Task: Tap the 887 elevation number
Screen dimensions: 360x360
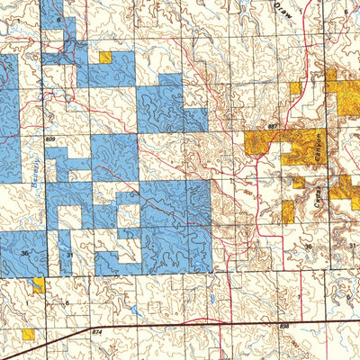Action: (x=272, y=127)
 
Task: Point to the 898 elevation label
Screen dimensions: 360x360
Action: (x=284, y=327)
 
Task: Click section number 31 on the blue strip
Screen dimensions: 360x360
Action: (x=69, y=255)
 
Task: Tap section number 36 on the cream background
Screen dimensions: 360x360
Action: (x=307, y=246)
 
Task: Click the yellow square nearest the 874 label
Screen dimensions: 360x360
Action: (x=29, y=334)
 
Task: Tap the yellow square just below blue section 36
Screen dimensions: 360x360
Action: (x=39, y=285)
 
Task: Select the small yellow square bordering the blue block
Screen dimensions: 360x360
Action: (x=105, y=57)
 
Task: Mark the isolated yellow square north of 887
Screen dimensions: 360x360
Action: (x=295, y=88)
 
